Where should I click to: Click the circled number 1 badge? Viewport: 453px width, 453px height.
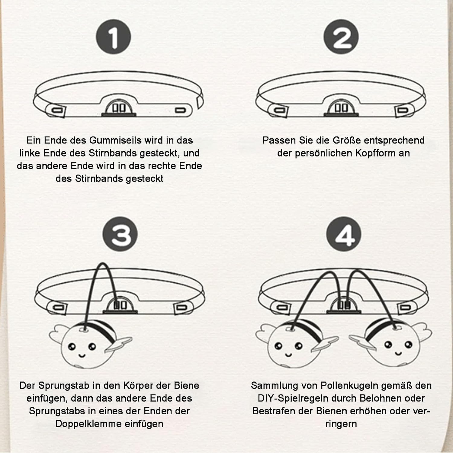tap(113, 37)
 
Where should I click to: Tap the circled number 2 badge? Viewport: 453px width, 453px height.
tap(341, 37)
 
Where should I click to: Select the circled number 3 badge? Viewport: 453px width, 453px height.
tap(120, 234)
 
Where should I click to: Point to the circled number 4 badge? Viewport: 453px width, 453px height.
tap(344, 234)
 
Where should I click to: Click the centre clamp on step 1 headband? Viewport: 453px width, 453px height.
tap(119, 108)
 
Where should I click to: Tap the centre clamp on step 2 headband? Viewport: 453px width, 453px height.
tap(341, 108)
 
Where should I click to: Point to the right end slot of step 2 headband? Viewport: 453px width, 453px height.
tap(403, 110)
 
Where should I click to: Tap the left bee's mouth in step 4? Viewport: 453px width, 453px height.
tap(289, 354)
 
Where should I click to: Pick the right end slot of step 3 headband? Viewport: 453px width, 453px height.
tap(181, 308)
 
